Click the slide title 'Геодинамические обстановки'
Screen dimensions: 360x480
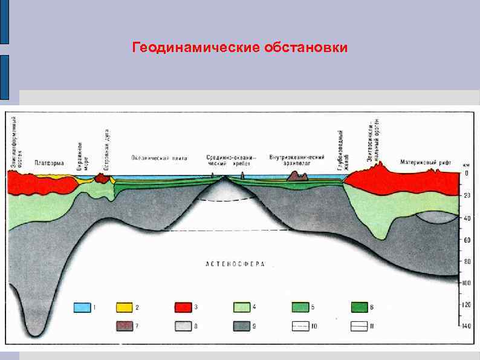pyautogui.click(x=240, y=47)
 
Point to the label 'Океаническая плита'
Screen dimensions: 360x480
pyautogui.click(x=160, y=158)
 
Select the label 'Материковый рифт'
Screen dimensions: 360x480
pyautogui.click(x=425, y=162)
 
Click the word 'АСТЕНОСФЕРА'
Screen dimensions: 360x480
pyautogui.click(x=236, y=264)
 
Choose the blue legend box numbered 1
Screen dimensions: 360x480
pyautogui.click(x=82, y=307)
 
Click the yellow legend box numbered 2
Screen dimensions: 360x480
pyautogui.click(x=125, y=307)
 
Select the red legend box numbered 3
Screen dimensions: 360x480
pyautogui.click(x=183, y=307)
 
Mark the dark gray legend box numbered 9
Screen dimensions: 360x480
pyautogui.click(x=242, y=327)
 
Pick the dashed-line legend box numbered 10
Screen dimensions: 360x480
pyautogui.click(x=300, y=327)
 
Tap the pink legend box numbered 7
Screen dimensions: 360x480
pyautogui.click(x=125, y=327)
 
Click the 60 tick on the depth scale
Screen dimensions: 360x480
pyautogui.click(x=466, y=240)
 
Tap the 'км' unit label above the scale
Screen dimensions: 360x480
pyautogui.click(x=466, y=163)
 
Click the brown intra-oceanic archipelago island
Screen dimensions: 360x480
pyautogui.click(x=297, y=176)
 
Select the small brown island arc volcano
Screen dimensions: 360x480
pyautogui.click(x=103, y=178)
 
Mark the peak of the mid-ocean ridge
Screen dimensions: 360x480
pyautogui.click(x=225, y=176)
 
